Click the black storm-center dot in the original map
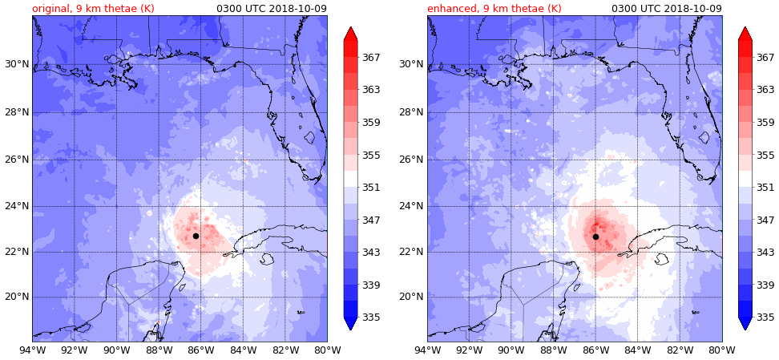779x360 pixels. pyautogui.click(x=196, y=236)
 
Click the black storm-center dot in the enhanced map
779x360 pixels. pyautogui.click(x=595, y=237)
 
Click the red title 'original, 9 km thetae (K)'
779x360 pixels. pyautogui.click(x=93, y=9)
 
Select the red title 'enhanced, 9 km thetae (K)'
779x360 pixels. pyautogui.click(x=494, y=9)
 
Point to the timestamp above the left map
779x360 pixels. pyautogui.click(x=272, y=9)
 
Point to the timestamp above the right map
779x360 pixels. pyautogui.click(x=667, y=9)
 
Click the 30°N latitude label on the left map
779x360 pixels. pyautogui.click(x=15, y=64)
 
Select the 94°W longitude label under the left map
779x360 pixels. pyautogui.click(x=32, y=350)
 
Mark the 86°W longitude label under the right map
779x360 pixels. pyautogui.click(x=595, y=350)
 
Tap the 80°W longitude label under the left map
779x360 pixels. pyautogui.click(x=327, y=350)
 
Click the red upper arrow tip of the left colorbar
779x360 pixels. pyautogui.click(x=350, y=30)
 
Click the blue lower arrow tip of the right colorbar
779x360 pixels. pyautogui.click(x=745, y=327)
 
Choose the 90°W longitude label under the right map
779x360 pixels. pyautogui.click(x=511, y=350)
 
